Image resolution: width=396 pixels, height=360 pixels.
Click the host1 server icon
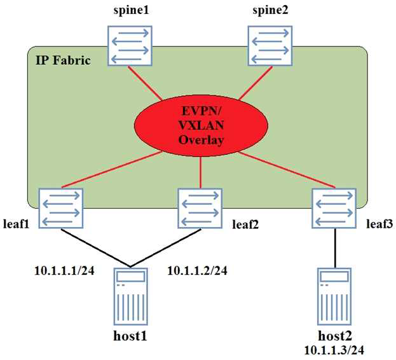click(130, 296)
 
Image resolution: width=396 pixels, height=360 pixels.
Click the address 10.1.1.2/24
click(197, 270)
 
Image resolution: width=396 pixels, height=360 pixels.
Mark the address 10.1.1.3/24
click(335, 349)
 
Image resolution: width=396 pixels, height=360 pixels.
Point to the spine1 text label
click(131, 11)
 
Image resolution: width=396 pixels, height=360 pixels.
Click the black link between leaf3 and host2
click(335, 248)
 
